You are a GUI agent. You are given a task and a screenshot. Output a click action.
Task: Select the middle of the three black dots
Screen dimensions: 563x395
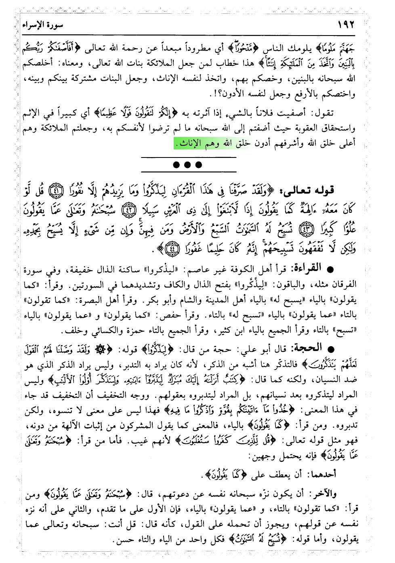tap(187, 165)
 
